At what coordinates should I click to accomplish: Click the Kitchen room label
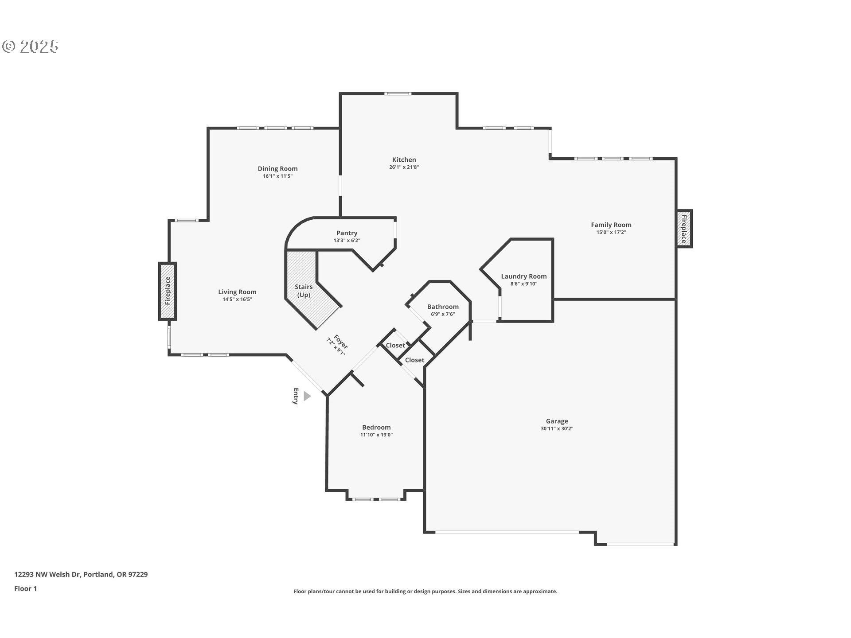pos(404,160)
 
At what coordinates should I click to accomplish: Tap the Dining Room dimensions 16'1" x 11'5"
pos(277,176)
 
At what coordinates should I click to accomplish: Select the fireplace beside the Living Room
pos(168,291)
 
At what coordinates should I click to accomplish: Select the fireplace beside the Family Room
pos(684,229)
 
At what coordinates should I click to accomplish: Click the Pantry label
pos(347,233)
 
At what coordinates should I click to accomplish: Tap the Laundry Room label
pos(523,276)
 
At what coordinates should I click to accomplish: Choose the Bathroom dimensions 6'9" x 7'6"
pos(442,314)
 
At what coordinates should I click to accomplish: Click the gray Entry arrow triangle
pos(307,396)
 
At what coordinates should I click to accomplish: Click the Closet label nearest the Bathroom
pos(395,346)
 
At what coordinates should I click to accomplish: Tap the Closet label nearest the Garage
pos(414,360)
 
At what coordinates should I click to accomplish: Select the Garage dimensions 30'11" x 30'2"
pos(557,429)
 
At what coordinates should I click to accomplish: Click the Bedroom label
pos(376,428)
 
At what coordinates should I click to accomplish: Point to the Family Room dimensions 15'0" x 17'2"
pos(611,233)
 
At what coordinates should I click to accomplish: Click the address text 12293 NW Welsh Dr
pos(47,575)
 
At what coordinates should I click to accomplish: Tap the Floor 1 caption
pos(25,589)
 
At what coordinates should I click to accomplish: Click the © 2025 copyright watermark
pos(30,46)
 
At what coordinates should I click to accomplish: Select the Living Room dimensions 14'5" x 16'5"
pos(237,300)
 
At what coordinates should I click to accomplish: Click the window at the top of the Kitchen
pos(398,93)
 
